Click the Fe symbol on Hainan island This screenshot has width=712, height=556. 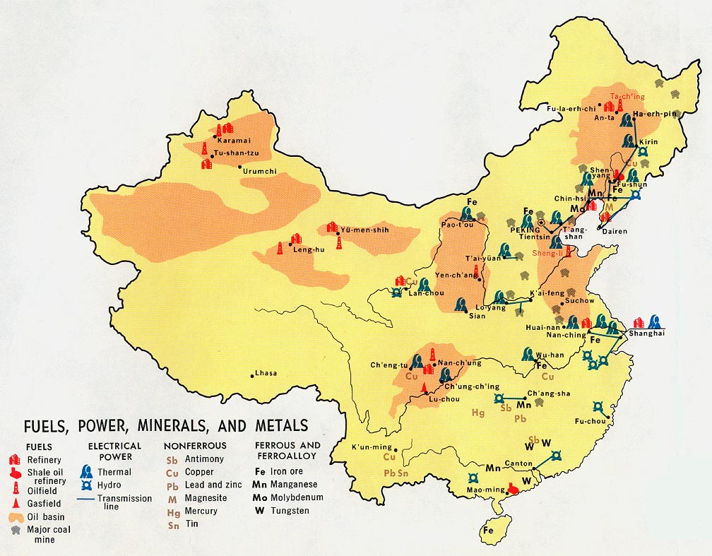pos(488,530)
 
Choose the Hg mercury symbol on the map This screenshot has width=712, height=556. pos(478,413)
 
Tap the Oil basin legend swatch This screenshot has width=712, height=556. pos(15,516)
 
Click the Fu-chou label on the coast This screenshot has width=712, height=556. pos(591,422)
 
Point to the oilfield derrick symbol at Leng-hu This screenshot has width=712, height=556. pos(280,249)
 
